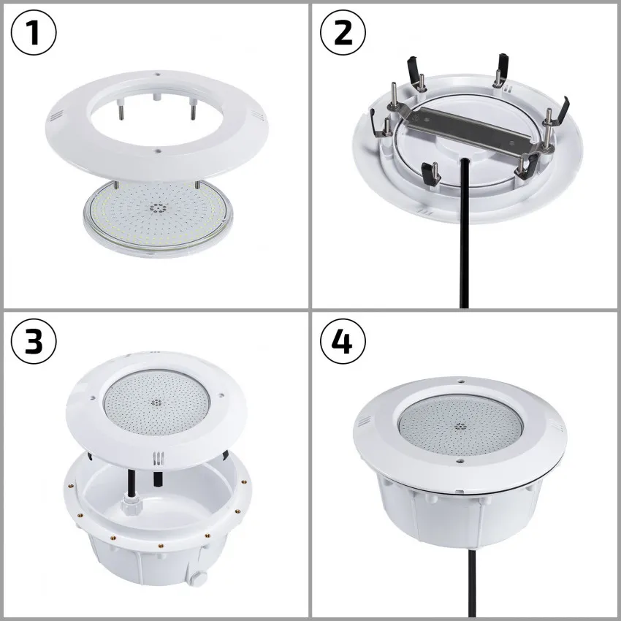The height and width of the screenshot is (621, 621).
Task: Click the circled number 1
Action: coord(34,34)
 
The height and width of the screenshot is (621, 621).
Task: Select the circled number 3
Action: coord(34,342)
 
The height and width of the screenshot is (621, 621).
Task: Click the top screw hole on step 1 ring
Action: coord(157,74)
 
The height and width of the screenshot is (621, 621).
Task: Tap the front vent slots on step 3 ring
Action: coord(154,458)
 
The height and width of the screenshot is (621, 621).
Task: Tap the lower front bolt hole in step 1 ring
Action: coord(158,151)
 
